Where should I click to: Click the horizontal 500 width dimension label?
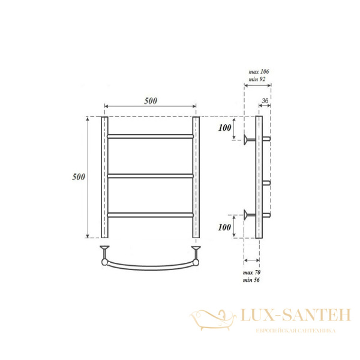click(151, 101)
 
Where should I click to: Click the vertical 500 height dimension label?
click(79, 177)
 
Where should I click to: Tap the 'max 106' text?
click(259, 71)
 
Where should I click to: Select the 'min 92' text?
click(257, 79)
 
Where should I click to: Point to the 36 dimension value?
click(265, 101)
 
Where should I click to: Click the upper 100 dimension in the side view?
click(225, 128)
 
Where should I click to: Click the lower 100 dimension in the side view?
click(224, 227)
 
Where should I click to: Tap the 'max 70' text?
click(251, 272)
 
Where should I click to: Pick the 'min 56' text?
click(251, 280)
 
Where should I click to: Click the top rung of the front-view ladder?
click(151, 136)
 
